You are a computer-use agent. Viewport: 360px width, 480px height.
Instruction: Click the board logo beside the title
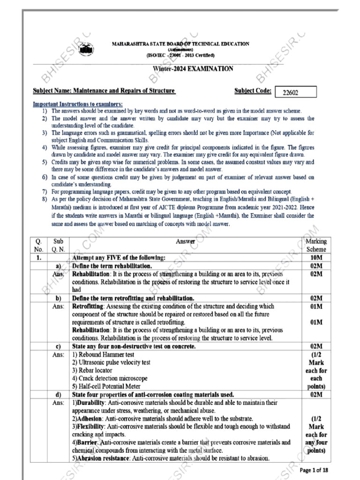pos(85,49)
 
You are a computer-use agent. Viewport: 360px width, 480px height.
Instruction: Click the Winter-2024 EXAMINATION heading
pos(193,69)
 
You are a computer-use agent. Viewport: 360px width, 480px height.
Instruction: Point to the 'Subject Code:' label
pos(252,90)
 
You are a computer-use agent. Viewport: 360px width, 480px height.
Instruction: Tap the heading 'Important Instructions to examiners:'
pos(78,104)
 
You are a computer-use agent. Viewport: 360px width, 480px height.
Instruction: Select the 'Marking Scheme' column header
pos(315,245)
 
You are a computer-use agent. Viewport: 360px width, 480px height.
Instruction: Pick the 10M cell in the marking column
pos(316,258)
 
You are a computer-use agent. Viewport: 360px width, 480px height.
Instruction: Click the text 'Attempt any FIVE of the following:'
pos(119,258)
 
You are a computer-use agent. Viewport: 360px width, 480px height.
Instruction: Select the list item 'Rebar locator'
pos(94,370)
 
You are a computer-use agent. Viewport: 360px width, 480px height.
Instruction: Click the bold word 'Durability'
pos(92,403)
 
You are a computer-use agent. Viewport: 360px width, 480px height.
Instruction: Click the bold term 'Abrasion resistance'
pos(100,458)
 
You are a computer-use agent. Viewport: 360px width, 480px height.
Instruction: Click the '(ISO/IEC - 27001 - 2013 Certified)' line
pos(180,55)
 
